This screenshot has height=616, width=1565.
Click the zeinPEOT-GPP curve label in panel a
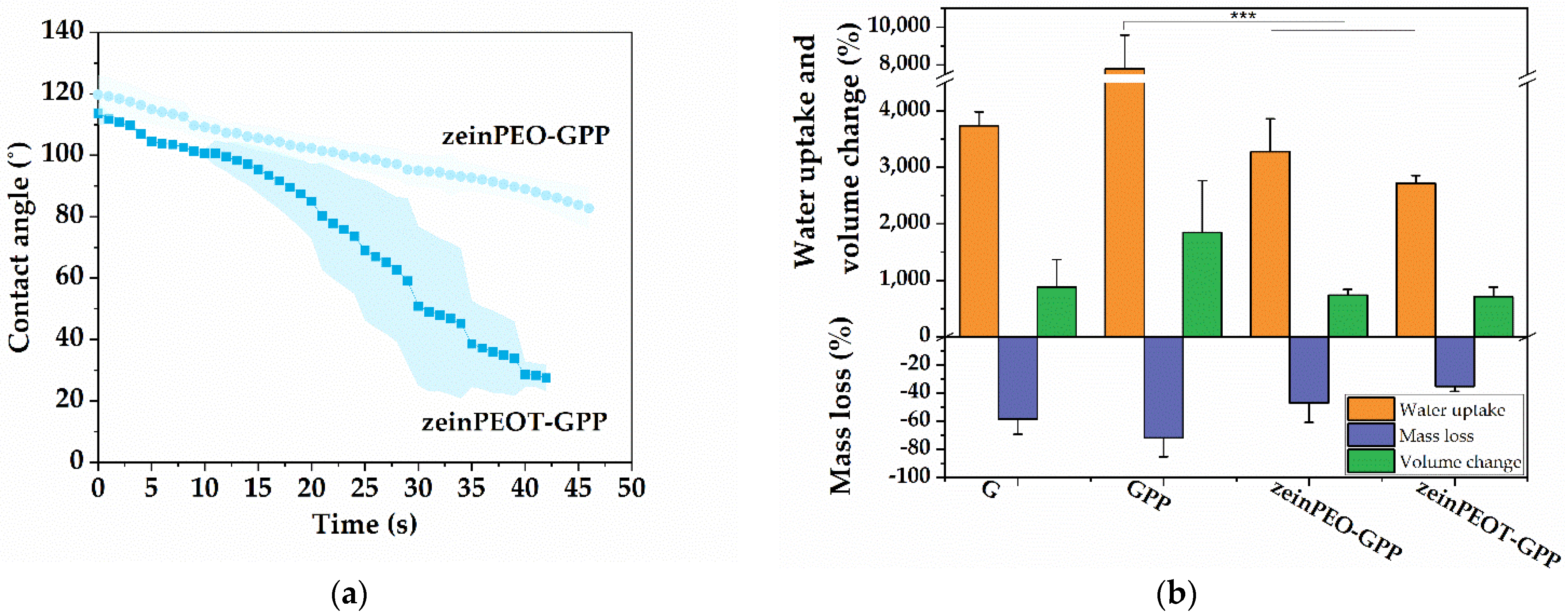[x=514, y=421]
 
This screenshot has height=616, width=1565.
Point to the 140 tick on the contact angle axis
[x=62, y=30]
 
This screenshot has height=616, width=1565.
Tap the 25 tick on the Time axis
[x=365, y=488]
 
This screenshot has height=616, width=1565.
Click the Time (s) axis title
[x=365, y=524]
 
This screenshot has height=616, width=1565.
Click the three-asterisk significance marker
[x=1243, y=15]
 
